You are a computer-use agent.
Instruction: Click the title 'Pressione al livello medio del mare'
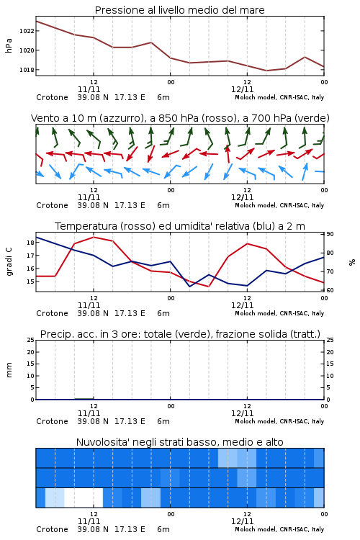(x=179, y=10)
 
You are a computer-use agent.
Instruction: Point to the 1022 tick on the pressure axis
(x=27, y=31)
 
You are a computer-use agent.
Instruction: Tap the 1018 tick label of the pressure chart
(x=27, y=70)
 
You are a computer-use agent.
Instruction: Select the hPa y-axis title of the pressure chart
(x=9, y=45)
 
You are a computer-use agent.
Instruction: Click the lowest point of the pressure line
(x=266, y=71)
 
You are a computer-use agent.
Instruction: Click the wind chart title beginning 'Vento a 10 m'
(x=180, y=118)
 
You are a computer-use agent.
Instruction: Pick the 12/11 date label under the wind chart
(x=242, y=197)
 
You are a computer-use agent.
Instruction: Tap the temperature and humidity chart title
(x=180, y=226)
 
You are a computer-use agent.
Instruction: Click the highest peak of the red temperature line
(x=94, y=237)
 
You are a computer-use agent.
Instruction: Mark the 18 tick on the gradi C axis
(x=30, y=243)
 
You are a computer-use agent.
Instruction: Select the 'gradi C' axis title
(x=9, y=262)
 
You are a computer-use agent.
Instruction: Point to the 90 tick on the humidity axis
(x=330, y=234)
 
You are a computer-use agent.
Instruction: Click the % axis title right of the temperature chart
(x=352, y=262)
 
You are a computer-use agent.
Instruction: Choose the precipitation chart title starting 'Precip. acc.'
(x=180, y=334)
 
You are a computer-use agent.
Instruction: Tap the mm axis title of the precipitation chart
(x=9, y=369)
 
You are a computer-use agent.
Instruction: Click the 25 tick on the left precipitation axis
(x=31, y=340)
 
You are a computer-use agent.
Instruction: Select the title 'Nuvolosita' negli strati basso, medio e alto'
(x=179, y=442)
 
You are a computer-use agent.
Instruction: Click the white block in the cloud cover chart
(x=84, y=498)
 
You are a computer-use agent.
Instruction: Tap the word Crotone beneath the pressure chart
(x=52, y=97)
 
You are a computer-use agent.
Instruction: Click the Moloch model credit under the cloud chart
(x=279, y=529)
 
